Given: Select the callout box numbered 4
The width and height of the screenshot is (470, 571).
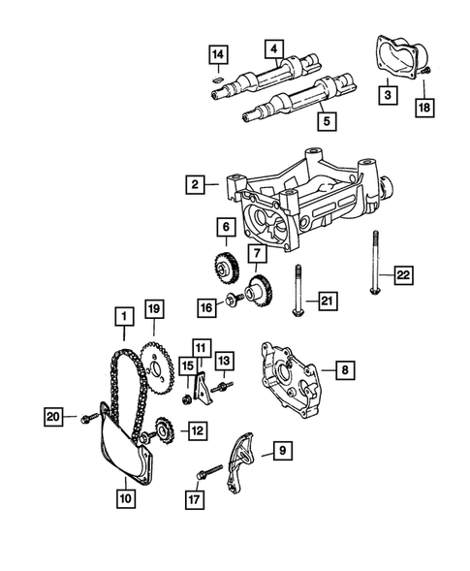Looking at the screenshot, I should tap(275, 48).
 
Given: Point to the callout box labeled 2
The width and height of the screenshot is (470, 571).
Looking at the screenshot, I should tap(197, 183).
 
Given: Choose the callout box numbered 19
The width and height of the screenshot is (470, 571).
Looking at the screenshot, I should tap(154, 311).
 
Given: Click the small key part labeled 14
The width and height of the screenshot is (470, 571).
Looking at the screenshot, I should tap(220, 79).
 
